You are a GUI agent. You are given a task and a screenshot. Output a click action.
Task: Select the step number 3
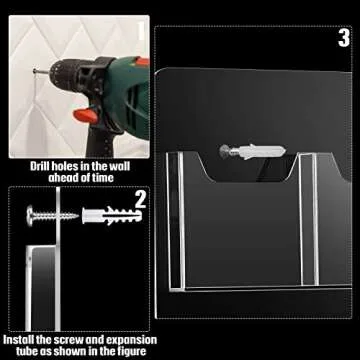pos(343,39)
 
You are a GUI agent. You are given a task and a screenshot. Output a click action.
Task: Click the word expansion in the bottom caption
pos(115,340)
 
